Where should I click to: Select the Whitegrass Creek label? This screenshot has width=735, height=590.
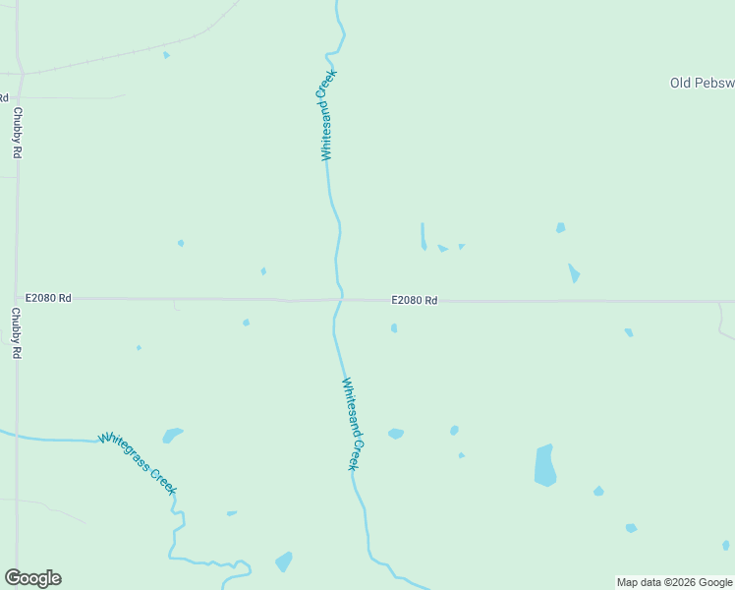(138, 462)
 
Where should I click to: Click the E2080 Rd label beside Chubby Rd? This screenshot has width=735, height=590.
(48, 297)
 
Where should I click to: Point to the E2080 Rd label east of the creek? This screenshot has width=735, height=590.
(414, 300)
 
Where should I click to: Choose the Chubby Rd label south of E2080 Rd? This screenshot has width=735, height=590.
(17, 332)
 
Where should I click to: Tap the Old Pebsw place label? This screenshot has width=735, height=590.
(702, 83)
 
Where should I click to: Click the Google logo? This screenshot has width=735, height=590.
(33, 577)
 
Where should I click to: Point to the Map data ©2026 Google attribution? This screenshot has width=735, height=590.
(674, 582)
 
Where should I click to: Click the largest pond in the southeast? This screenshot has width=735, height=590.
(544, 465)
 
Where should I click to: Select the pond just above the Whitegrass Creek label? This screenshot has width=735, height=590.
(172, 435)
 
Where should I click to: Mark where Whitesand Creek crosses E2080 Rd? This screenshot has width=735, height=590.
(340, 299)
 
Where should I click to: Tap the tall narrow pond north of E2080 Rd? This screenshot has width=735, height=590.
(424, 236)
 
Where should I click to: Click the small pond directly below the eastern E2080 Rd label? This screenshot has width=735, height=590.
(394, 328)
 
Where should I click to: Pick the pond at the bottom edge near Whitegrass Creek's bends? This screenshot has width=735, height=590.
(284, 561)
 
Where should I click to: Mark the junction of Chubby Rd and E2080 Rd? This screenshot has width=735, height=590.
(18, 297)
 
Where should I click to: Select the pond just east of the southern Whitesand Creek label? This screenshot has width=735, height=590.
(396, 433)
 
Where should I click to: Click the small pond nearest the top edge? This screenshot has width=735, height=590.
(166, 54)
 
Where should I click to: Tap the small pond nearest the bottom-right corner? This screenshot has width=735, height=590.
(726, 545)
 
